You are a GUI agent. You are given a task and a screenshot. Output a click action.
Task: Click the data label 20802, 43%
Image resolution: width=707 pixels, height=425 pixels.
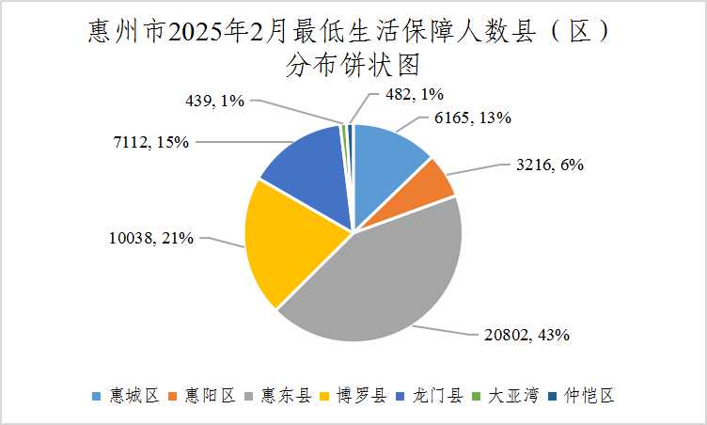click(526, 334)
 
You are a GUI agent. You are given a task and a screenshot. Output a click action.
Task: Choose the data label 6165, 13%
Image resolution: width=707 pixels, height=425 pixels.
click(473, 118)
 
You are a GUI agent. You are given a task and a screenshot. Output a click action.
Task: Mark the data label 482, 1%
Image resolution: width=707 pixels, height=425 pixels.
click(414, 93)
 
